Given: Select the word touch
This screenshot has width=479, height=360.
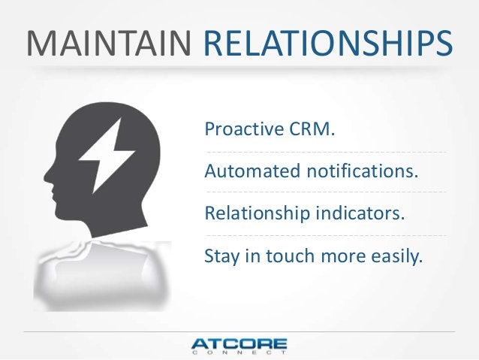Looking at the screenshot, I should (x=295, y=259).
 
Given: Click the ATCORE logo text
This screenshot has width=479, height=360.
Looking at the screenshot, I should (x=239, y=344).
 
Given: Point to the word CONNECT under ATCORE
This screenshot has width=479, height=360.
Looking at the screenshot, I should (x=239, y=355).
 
